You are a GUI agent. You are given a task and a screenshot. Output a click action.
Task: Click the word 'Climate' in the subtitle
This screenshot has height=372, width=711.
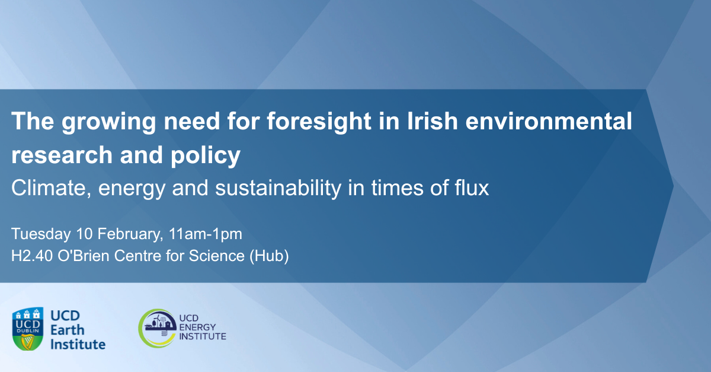[46, 188]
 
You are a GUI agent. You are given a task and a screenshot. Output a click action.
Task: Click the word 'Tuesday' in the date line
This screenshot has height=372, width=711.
[38, 234]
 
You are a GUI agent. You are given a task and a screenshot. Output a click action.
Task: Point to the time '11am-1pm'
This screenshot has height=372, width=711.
[204, 234]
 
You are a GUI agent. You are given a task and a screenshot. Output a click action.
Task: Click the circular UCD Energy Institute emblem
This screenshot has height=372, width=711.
[157, 328]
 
